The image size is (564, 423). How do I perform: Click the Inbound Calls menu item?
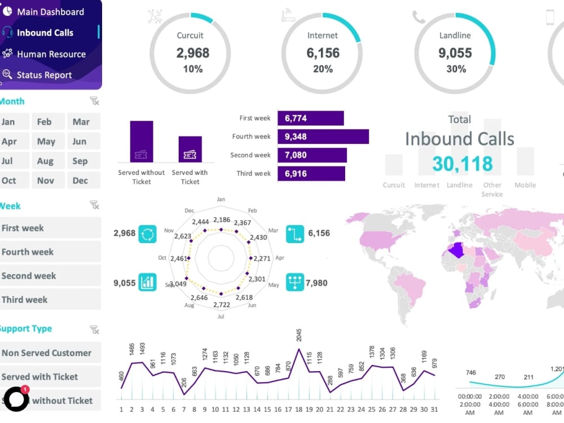45,33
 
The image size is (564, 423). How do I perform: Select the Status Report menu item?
44,75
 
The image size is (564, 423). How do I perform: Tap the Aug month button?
45,161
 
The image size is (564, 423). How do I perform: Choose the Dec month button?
80,180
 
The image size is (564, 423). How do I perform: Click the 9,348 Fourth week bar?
323,136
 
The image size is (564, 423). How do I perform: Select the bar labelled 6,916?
311,174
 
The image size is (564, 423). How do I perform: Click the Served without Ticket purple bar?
142,142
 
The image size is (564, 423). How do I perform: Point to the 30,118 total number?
462,164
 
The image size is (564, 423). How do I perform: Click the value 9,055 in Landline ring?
455,53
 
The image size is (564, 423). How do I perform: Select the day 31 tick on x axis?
434,409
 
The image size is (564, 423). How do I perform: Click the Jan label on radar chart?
221,199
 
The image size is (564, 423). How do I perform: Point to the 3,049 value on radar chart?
178,283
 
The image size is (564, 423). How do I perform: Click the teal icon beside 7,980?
295,282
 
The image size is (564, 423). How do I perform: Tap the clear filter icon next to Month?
94,101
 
